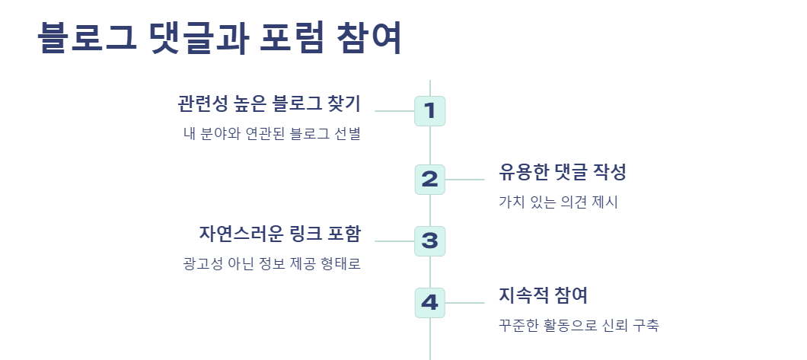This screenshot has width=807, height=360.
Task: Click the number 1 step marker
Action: point(429,111)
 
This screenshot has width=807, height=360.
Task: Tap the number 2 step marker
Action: point(429,180)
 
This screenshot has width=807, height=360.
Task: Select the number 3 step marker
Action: point(429,241)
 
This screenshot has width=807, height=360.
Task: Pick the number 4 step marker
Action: point(429,303)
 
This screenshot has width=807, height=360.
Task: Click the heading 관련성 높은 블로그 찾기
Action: point(269,104)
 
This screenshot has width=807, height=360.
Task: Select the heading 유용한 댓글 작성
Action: point(563,172)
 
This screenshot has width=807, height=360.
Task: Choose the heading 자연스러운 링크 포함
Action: point(279,233)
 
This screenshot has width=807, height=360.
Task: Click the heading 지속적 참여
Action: point(543,295)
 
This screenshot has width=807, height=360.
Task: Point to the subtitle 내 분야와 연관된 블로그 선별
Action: point(272,135)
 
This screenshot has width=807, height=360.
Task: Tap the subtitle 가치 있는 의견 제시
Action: point(558,202)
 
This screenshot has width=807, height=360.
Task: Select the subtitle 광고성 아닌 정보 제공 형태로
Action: point(272,264)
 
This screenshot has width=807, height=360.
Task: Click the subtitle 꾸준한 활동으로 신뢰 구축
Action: point(579,326)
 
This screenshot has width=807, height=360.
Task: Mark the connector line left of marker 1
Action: point(394,111)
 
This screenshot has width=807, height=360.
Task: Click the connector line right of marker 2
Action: point(464,180)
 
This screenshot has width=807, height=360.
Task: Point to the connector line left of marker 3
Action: point(394,241)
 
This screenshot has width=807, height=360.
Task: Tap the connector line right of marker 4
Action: point(464,303)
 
